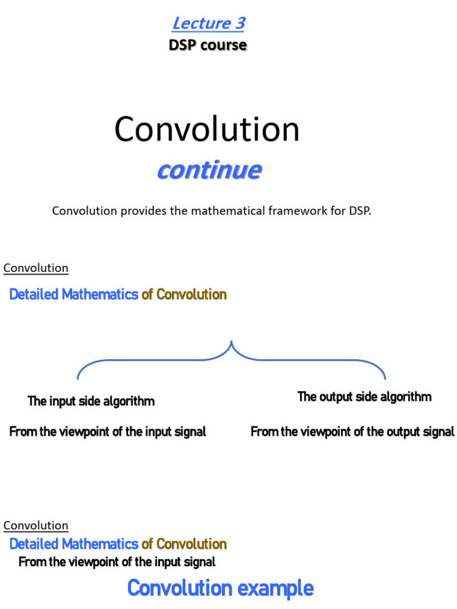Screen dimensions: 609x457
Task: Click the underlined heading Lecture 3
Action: click(208, 23)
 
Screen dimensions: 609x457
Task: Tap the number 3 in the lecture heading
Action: click(239, 23)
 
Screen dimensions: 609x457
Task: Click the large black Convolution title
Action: click(206, 129)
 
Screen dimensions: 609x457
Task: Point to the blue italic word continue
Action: click(208, 170)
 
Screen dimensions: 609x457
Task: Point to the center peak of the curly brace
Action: click(231, 343)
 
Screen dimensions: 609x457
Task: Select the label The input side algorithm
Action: click(91, 401)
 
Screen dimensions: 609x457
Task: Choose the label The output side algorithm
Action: click(364, 397)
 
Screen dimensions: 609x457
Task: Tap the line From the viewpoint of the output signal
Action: click(352, 432)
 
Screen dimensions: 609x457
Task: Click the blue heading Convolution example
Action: click(220, 588)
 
